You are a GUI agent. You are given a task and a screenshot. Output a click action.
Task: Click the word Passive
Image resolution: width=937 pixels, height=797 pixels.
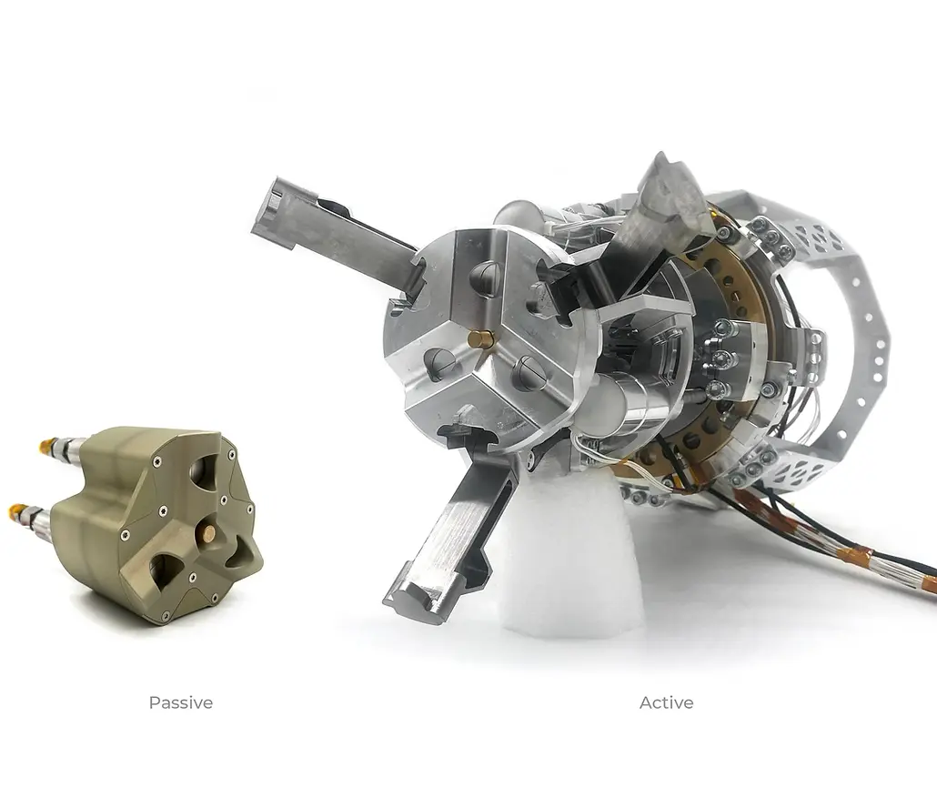[x=180, y=702]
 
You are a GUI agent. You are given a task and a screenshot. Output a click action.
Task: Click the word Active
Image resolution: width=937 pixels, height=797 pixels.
[x=666, y=702]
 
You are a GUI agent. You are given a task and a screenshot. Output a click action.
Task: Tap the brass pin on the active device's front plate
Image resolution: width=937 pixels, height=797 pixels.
[x=479, y=339]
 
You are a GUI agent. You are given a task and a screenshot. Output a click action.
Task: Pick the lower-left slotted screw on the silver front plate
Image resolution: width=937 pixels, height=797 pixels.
[x=439, y=364]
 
